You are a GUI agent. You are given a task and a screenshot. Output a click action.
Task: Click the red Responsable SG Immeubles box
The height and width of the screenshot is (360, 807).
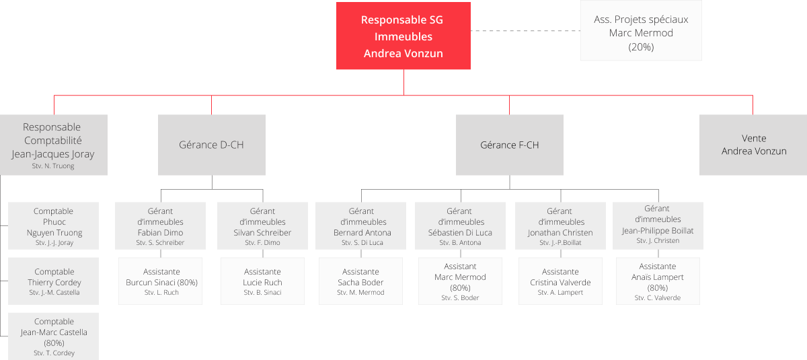(x=403, y=36)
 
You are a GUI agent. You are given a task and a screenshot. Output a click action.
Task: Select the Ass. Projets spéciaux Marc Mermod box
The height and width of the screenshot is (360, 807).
(x=641, y=31)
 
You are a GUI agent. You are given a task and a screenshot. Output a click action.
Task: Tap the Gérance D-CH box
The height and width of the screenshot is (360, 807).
(x=211, y=145)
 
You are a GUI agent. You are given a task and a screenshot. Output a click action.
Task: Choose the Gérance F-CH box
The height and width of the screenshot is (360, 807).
(x=509, y=145)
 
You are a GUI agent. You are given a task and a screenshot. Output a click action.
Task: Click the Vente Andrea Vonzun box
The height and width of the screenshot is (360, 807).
(x=753, y=145)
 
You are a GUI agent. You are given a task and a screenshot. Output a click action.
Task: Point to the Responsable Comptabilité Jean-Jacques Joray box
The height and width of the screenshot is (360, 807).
(x=53, y=145)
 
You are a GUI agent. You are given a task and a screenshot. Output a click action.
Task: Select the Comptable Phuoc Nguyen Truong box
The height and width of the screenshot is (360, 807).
(x=53, y=226)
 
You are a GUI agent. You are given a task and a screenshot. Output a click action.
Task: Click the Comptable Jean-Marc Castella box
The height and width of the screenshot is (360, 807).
(x=53, y=336)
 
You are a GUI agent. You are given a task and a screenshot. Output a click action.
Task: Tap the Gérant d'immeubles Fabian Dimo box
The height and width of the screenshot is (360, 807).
(x=160, y=226)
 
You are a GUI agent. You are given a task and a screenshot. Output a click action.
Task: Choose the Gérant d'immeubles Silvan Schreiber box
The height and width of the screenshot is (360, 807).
(x=262, y=226)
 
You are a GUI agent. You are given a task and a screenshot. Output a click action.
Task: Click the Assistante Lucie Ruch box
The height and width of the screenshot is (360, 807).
(x=263, y=281)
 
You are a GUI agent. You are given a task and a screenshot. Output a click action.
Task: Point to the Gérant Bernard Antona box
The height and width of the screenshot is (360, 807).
(x=362, y=226)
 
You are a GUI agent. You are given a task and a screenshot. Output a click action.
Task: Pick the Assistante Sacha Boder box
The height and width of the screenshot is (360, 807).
(x=361, y=281)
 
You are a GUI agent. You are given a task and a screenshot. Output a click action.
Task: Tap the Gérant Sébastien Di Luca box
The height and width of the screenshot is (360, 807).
(x=460, y=226)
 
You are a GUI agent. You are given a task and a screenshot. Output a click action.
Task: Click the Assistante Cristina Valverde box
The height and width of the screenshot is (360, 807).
(x=560, y=281)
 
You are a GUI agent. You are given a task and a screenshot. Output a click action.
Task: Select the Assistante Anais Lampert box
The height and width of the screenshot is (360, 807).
(x=657, y=281)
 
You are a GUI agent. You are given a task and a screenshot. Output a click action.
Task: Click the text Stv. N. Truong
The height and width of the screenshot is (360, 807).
(x=53, y=166)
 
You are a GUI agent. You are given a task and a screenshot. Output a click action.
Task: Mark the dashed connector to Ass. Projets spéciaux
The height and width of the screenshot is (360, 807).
(x=525, y=31)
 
